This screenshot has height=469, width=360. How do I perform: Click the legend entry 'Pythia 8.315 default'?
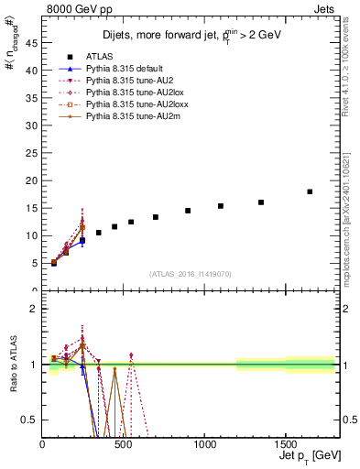pos(136,69)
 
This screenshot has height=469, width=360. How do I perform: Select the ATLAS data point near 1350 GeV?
pos(261,202)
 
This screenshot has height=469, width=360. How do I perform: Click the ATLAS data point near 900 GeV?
pos(188,211)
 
